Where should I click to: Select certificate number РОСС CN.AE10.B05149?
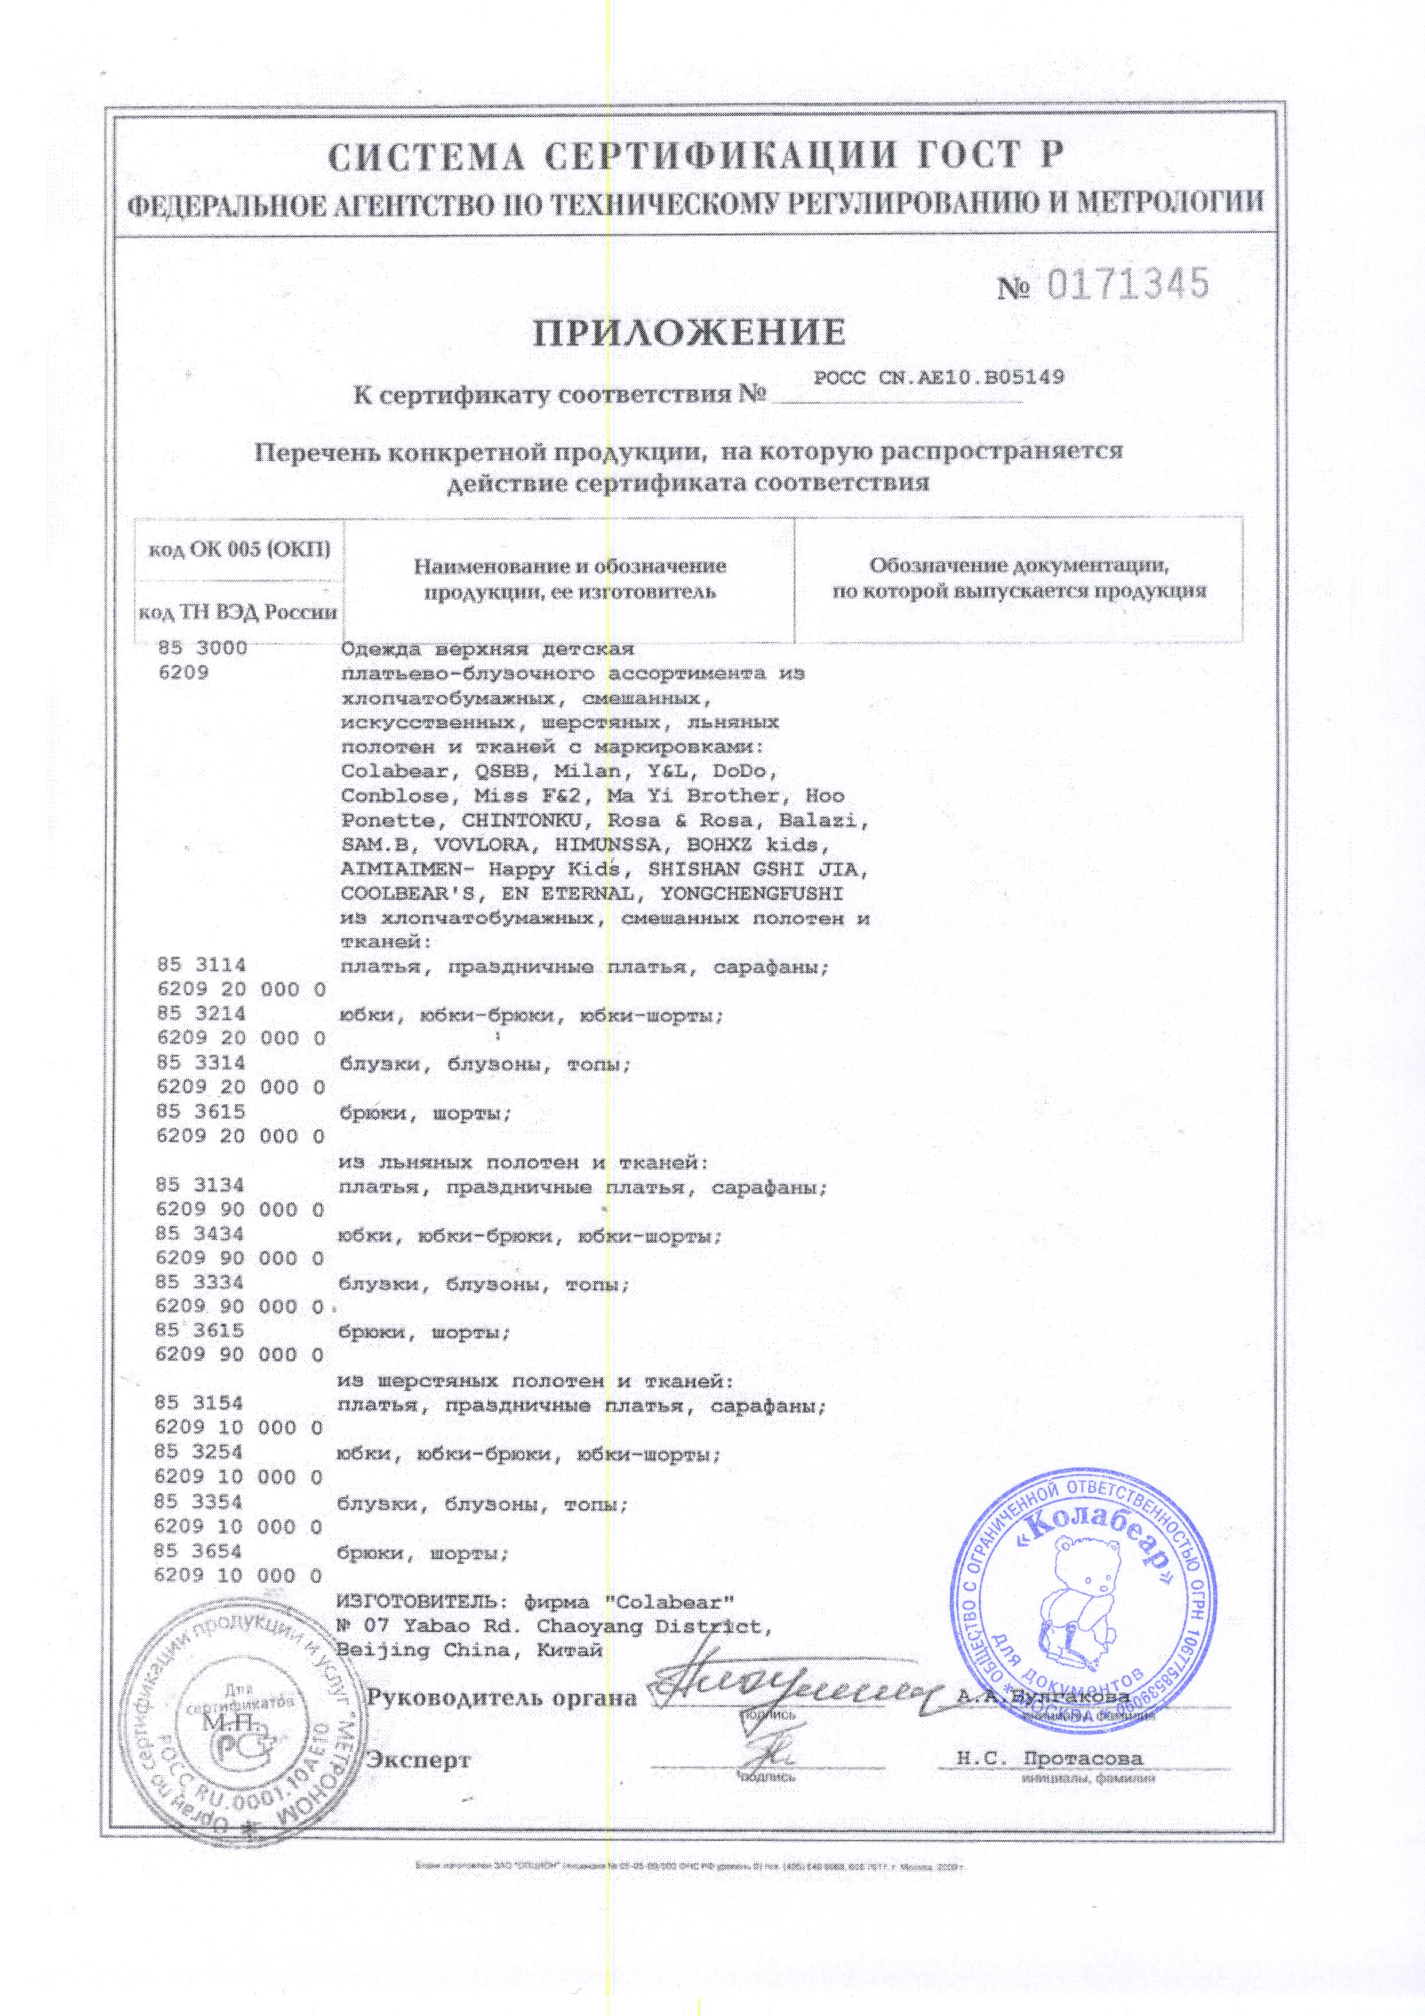pyautogui.click(x=939, y=379)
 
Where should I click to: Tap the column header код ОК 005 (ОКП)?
pyautogui.click(x=240, y=550)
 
